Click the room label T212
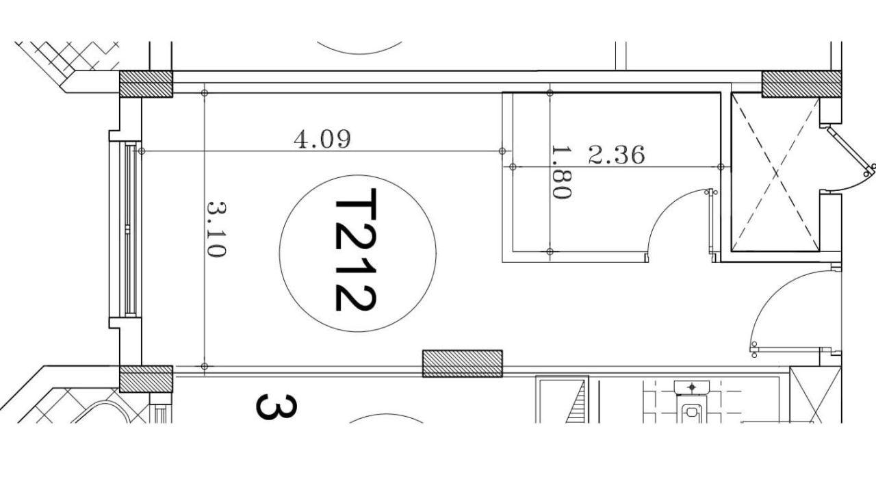click(356, 250)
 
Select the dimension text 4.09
click(322, 140)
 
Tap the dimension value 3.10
click(216, 229)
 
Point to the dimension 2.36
click(617, 155)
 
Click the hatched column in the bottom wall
click(462, 363)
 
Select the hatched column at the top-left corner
click(146, 84)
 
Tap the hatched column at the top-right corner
click(801, 84)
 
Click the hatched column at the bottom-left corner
click(146, 379)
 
